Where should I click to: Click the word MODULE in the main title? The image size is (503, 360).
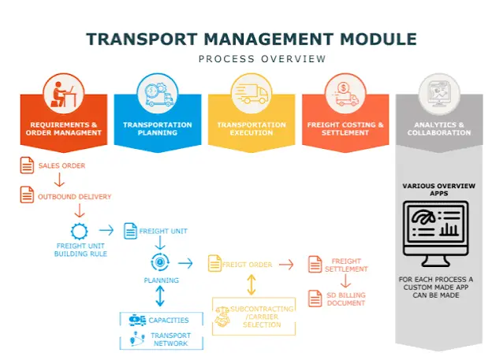(378, 39)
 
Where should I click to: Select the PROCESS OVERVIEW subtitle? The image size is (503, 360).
(262, 59)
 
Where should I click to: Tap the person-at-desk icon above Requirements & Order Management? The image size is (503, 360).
(63, 95)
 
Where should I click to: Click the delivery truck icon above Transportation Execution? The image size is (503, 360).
(251, 94)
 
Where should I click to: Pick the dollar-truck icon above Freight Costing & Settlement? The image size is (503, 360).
(345, 95)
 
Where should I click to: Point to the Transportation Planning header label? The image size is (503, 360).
(158, 129)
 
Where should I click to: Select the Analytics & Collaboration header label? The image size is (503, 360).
(439, 129)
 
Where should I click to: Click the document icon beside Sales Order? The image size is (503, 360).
(27, 165)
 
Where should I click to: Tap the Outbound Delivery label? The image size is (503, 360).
(74, 197)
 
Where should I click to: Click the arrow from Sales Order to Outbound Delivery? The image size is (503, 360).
(59, 180)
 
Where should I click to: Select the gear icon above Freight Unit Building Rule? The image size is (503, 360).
(80, 231)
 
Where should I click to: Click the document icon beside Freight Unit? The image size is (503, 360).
(130, 231)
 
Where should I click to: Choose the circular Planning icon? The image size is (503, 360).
(160, 262)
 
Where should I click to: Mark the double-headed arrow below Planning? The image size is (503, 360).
(160, 296)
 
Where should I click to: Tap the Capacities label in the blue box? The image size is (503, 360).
(169, 321)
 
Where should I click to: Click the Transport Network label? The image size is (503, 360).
(170, 340)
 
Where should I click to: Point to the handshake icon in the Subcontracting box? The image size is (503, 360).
(222, 317)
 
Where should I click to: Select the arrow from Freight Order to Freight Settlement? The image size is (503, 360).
(286, 265)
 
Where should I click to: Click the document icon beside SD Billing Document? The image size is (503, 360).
(315, 299)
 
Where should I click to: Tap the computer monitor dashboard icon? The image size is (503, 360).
(436, 234)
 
